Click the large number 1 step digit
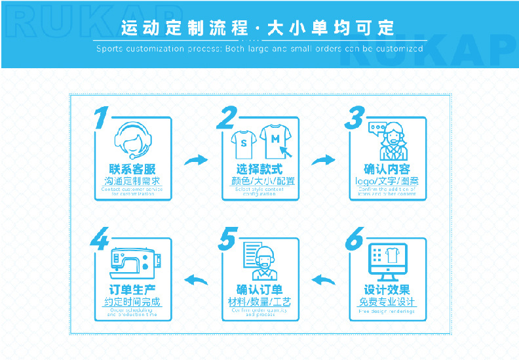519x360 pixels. pos(101,119)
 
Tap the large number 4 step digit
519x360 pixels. pos(100,239)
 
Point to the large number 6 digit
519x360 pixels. pos(354,240)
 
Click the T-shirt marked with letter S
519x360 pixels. pos(243,142)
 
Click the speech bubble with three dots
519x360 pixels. pos(376,128)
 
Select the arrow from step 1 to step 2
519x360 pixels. pos(196,159)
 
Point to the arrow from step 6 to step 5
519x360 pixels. pos(323,280)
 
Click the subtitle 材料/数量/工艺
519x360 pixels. pos(259,302)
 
